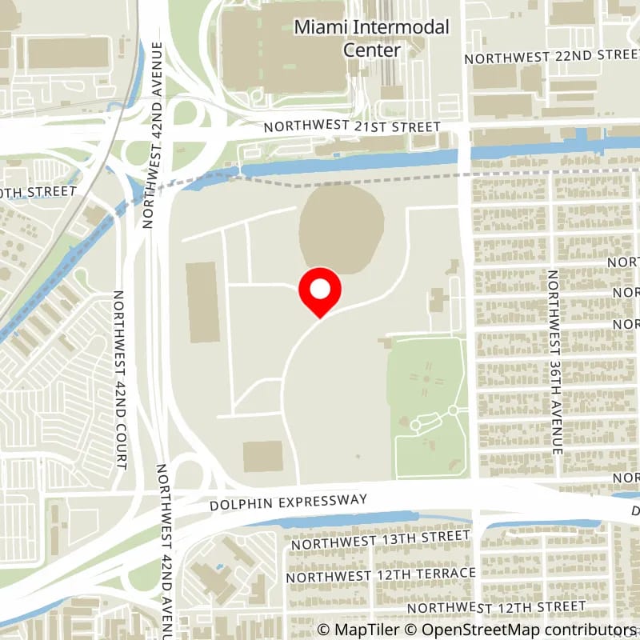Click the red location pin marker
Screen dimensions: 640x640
pyautogui.click(x=320, y=291)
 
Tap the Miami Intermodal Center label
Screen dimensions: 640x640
pyautogui.click(x=372, y=38)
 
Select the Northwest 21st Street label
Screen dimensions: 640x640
pyautogui.click(x=352, y=127)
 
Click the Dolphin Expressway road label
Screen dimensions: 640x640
pyautogui.click(x=288, y=502)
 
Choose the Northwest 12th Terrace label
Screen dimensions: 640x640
pyautogui.click(x=381, y=574)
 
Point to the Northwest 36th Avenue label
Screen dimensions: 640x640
pyautogui.click(x=553, y=362)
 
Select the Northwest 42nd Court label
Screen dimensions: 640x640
pyautogui.click(x=121, y=379)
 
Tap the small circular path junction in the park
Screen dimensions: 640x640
pyautogui.click(x=453, y=410)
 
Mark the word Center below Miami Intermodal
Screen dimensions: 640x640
pyautogui.click(x=372, y=49)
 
